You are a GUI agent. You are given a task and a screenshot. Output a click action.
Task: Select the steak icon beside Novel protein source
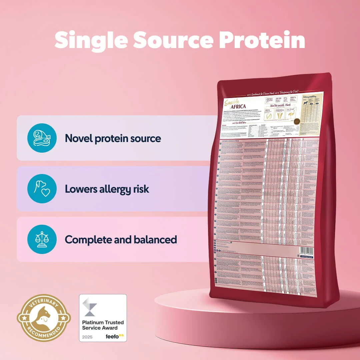tap(42, 138)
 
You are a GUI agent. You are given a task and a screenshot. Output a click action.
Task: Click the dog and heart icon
tap(42, 189)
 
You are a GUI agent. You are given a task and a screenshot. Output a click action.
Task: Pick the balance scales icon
tap(42, 239)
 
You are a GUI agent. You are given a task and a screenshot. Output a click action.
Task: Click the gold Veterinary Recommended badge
tap(44, 318)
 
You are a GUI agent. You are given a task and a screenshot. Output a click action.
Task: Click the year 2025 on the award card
tap(87, 337)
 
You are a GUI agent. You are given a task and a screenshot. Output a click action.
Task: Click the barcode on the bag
tap(307, 250)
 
